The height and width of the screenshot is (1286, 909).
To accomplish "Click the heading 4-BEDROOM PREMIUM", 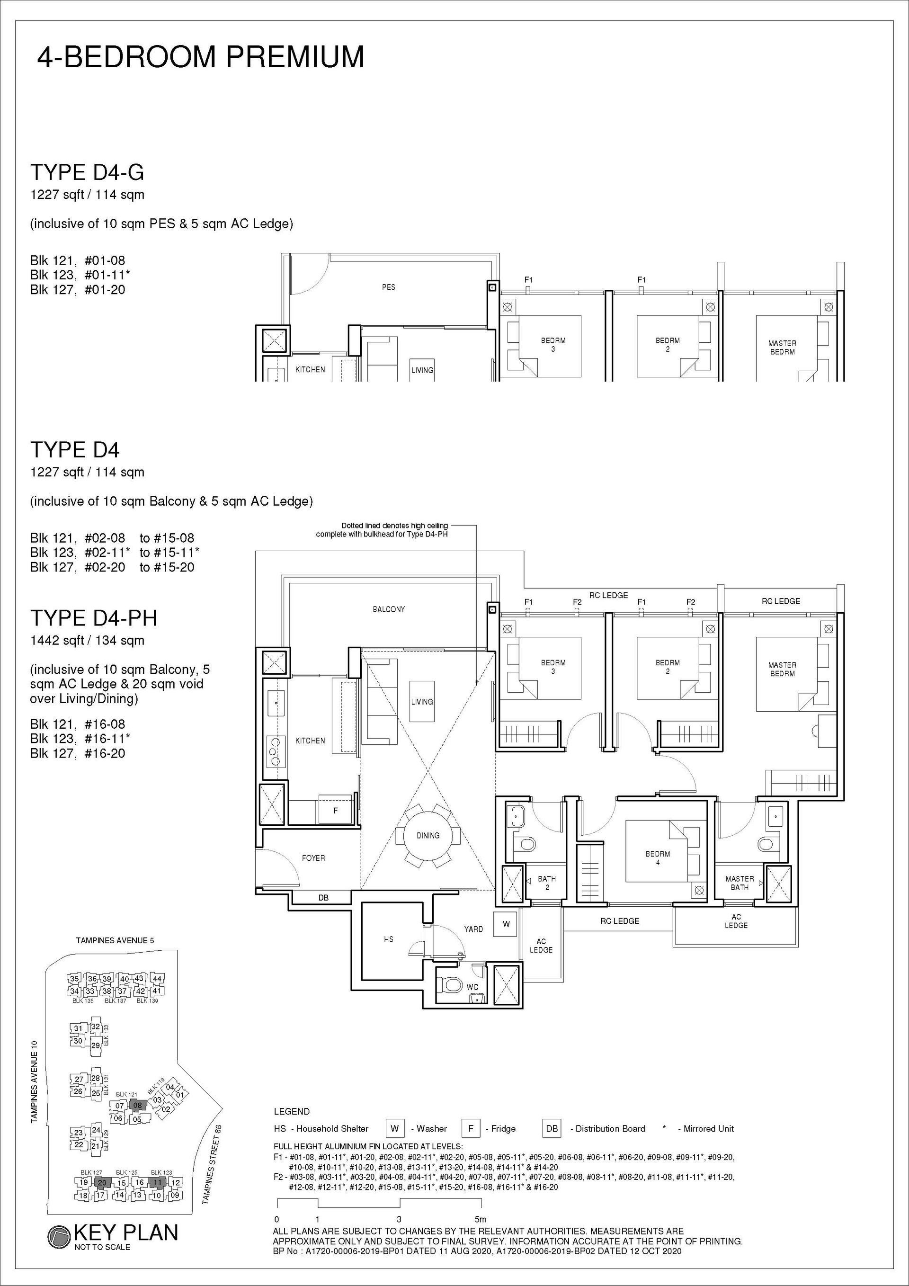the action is click(201, 57).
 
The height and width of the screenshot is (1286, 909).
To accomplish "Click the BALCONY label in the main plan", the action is click(389, 609).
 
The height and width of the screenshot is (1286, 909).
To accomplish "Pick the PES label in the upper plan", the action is click(389, 287).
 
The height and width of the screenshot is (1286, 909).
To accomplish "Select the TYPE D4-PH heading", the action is click(94, 618).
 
